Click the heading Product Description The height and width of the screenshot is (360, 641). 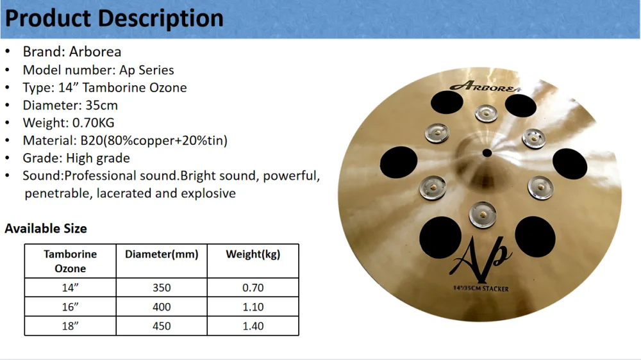[114, 19]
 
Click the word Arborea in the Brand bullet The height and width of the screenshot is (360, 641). [95, 52]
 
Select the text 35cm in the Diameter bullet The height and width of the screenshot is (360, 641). [101, 106]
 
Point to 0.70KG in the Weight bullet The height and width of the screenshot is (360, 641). [93, 123]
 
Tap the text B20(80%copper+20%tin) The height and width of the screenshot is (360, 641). [154, 140]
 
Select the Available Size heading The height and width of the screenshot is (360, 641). [46, 229]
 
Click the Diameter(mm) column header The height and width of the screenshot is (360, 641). [162, 254]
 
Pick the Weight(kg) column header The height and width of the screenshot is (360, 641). [253, 254]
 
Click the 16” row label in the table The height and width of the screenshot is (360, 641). [70, 307]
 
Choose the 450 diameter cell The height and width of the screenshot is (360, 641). [162, 326]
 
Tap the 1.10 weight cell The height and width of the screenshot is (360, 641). [253, 307]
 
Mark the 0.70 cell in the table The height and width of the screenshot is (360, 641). [253, 288]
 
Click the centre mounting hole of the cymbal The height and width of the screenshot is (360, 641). [487, 153]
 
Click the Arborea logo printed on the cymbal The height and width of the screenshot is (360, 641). [485, 86]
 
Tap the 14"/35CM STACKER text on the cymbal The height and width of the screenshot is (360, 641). [481, 288]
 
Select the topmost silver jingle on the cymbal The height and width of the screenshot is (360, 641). [487, 113]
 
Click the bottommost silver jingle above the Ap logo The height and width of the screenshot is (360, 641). [483, 215]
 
